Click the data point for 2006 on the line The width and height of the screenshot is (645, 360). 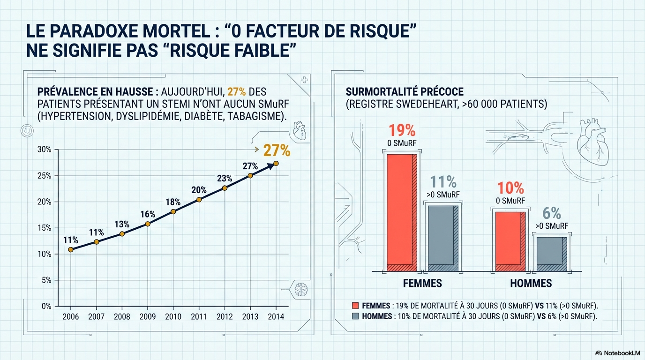click(71, 249)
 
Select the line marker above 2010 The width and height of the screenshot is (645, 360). click(173, 212)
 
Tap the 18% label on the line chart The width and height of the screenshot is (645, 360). click(173, 202)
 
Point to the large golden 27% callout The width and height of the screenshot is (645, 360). click(277, 150)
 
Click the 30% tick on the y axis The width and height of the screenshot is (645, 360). click(44, 150)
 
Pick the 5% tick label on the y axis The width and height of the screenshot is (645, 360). click(45, 280)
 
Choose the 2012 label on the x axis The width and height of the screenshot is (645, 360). click(224, 316)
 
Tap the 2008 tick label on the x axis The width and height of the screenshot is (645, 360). click(122, 316)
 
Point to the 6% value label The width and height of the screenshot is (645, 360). click(552, 214)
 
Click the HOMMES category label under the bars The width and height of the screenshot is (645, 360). click(531, 283)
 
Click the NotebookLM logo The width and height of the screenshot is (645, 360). click(617, 352)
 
